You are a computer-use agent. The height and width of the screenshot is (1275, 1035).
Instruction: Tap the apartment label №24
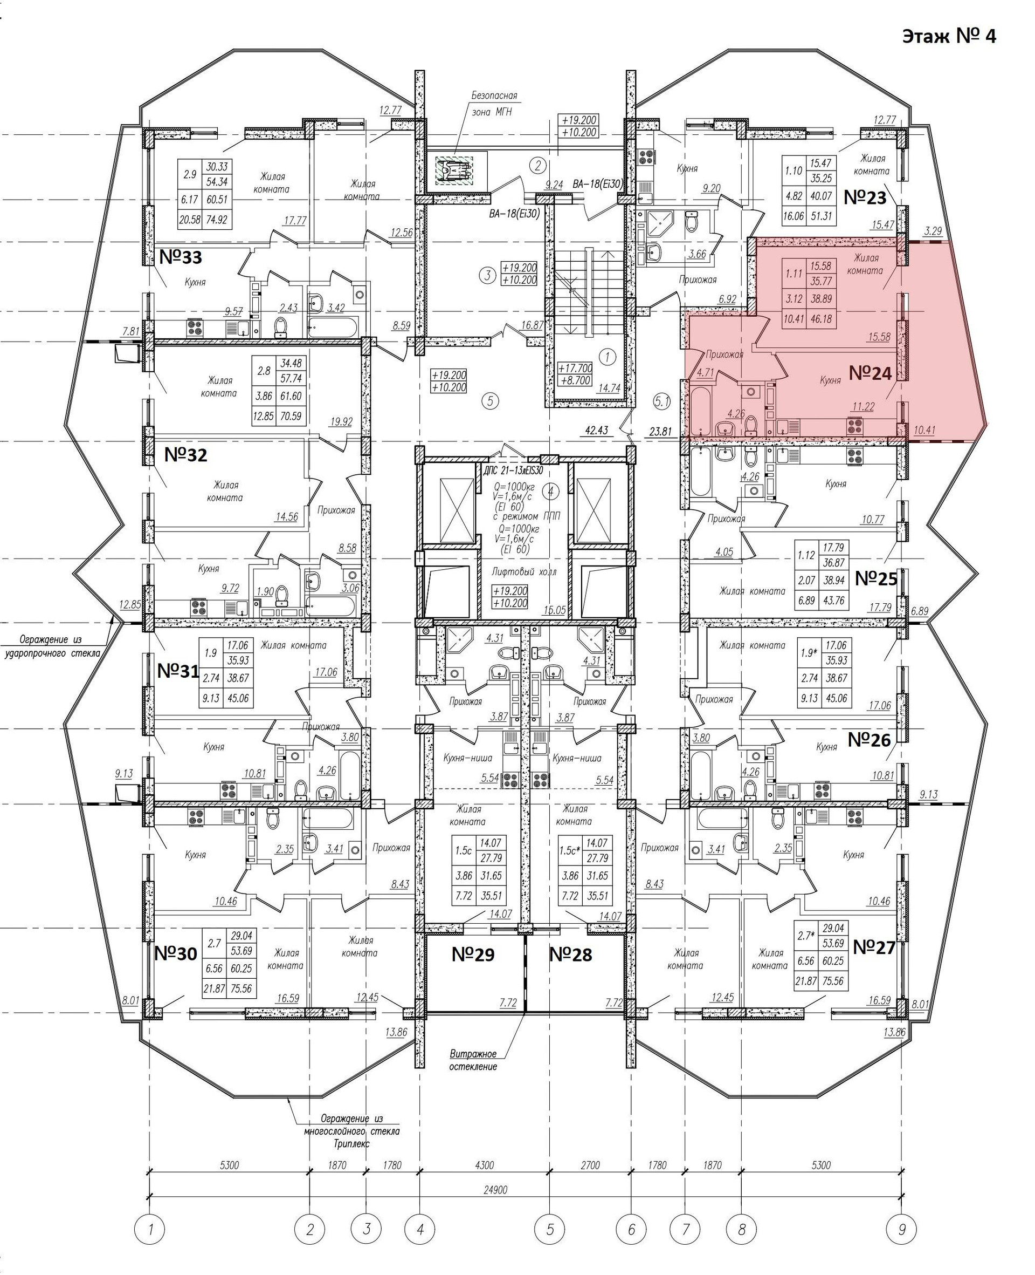[870, 373]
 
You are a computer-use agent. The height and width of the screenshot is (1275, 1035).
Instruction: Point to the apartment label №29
[472, 954]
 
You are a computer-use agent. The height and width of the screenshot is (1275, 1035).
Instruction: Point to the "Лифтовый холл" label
[524, 571]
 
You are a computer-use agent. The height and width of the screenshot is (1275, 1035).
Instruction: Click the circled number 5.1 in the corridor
[662, 402]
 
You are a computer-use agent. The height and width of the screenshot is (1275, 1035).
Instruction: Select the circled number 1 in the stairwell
[606, 357]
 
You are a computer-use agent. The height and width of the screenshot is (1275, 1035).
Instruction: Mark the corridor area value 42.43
[596, 430]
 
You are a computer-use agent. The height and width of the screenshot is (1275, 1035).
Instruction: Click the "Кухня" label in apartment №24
[830, 379]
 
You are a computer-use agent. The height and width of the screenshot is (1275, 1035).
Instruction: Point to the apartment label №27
[874, 947]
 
